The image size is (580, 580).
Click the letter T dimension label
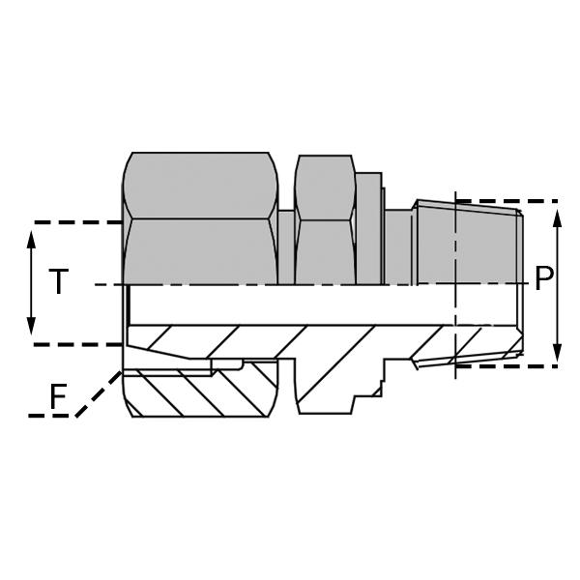point(59,282)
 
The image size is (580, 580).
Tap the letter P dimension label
point(544,280)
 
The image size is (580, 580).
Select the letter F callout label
point(59,397)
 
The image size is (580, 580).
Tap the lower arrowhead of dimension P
point(558,355)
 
